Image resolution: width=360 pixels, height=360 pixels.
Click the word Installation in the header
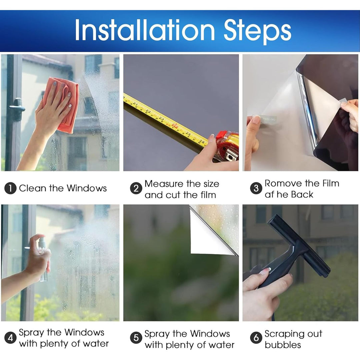(x=145, y=30)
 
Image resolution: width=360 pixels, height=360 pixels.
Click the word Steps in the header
(x=257, y=32)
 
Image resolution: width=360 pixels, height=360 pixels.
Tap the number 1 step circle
(x=10, y=188)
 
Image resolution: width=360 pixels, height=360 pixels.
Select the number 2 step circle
(x=136, y=188)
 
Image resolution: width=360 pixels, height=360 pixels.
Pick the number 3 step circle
(x=256, y=188)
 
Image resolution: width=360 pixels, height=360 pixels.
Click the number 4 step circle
(x=10, y=338)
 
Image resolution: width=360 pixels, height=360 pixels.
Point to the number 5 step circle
(x=136, y=338)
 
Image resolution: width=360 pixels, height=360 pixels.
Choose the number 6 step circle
(x=256, y=338)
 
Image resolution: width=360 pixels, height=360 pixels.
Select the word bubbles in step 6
(x=283, y=345)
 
